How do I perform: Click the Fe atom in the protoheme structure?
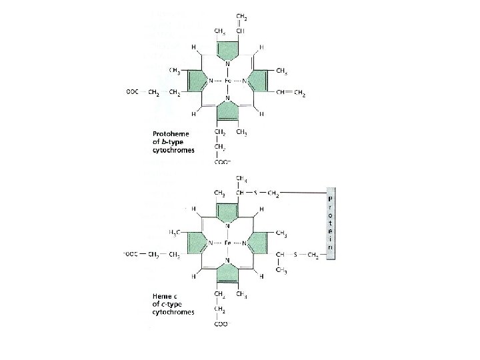point(227,81)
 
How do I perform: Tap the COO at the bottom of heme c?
point(221,325)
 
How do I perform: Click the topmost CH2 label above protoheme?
point(239,16)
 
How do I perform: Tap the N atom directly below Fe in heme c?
point(227,261)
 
